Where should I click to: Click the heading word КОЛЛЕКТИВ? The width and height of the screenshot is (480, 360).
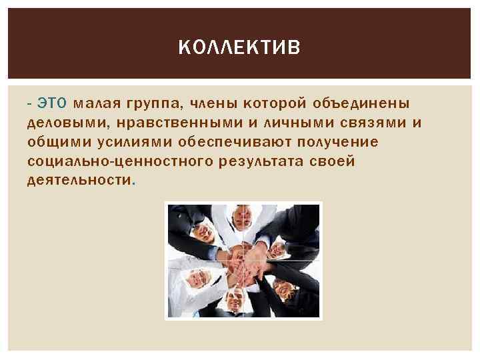pos(240,47)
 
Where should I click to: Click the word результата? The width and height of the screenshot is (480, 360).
pos(263,161)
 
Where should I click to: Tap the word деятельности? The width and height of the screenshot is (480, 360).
pos(79,181)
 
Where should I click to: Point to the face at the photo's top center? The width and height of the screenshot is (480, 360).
pos(241,216)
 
